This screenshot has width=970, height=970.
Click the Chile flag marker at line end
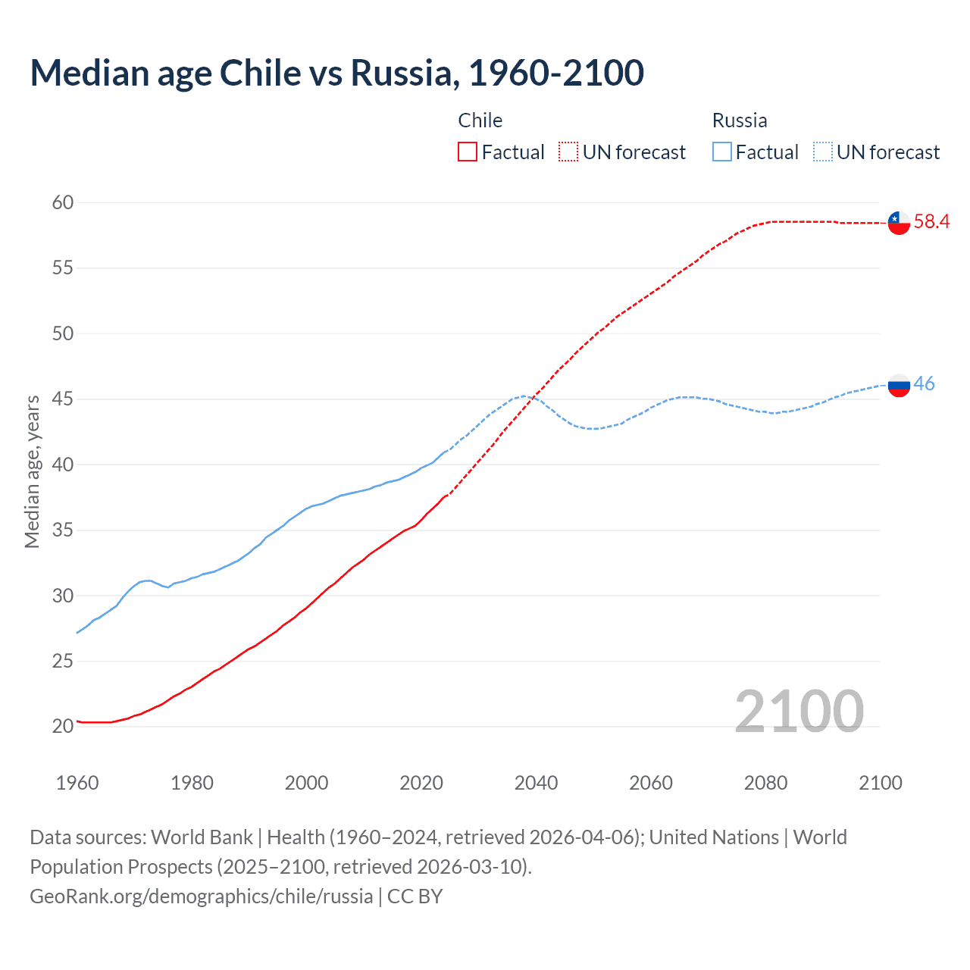pos(898,223)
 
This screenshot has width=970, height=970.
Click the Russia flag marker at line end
pos(898,385)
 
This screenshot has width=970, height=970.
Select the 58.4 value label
pos(931,221)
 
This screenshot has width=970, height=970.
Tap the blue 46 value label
pos(924,383)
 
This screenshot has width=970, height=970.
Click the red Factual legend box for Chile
pos(468,152)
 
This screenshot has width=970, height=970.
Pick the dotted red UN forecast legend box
pos(568,152)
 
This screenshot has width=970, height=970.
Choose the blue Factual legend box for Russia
pos(721,152)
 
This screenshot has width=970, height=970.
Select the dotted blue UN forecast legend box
pos(822,152)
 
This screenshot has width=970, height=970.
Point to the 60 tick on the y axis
pos(63,202)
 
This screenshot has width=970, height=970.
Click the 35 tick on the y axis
pos(63,530)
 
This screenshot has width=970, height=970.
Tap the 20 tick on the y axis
pos(63,726)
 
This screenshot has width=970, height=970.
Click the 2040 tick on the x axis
pos(536,783)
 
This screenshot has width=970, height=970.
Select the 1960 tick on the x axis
pos(77,783)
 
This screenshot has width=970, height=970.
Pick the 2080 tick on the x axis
pos(765,783)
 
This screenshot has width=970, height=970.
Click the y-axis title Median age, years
pos(32,471)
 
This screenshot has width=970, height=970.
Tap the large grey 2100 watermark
pos(799,711)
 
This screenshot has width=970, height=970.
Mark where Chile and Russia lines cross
pos(533,396)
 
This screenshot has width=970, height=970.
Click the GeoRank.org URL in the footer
pos(201,896)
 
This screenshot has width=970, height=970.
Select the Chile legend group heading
pos(480,120)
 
